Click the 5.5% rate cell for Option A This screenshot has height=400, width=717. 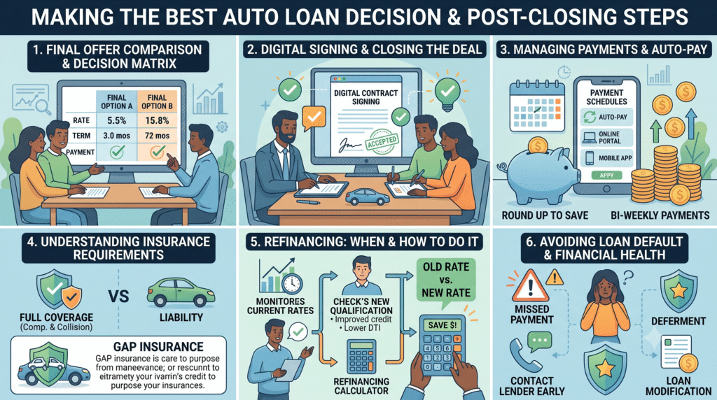(x=117, y=120)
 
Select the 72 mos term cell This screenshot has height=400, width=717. (x=157, y=136)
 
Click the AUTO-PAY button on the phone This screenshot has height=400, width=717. (x=607, y=117)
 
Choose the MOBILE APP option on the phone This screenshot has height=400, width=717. (x=607, y=158)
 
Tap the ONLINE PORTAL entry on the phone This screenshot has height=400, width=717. (x=607, y=138)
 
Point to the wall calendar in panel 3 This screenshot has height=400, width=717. (x=537, y=106)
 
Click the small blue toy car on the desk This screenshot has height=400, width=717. (x=367, y=197)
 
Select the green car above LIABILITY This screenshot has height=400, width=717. (x=181, y=292)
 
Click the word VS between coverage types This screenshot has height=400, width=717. (x=118, y=297)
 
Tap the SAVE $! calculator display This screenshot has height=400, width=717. (x=443, y=325)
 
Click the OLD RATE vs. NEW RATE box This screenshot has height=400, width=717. (x=446, y=280)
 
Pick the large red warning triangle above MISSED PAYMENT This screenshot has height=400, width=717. (x=531, y=285)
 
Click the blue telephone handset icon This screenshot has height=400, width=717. (x=524, y=355)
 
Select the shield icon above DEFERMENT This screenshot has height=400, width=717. (x=678, y=290)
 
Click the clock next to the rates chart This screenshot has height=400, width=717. (x=292, y=283)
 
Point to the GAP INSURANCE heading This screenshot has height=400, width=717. (x=158, y=347)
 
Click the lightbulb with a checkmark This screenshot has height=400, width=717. (x=447, y=93)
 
